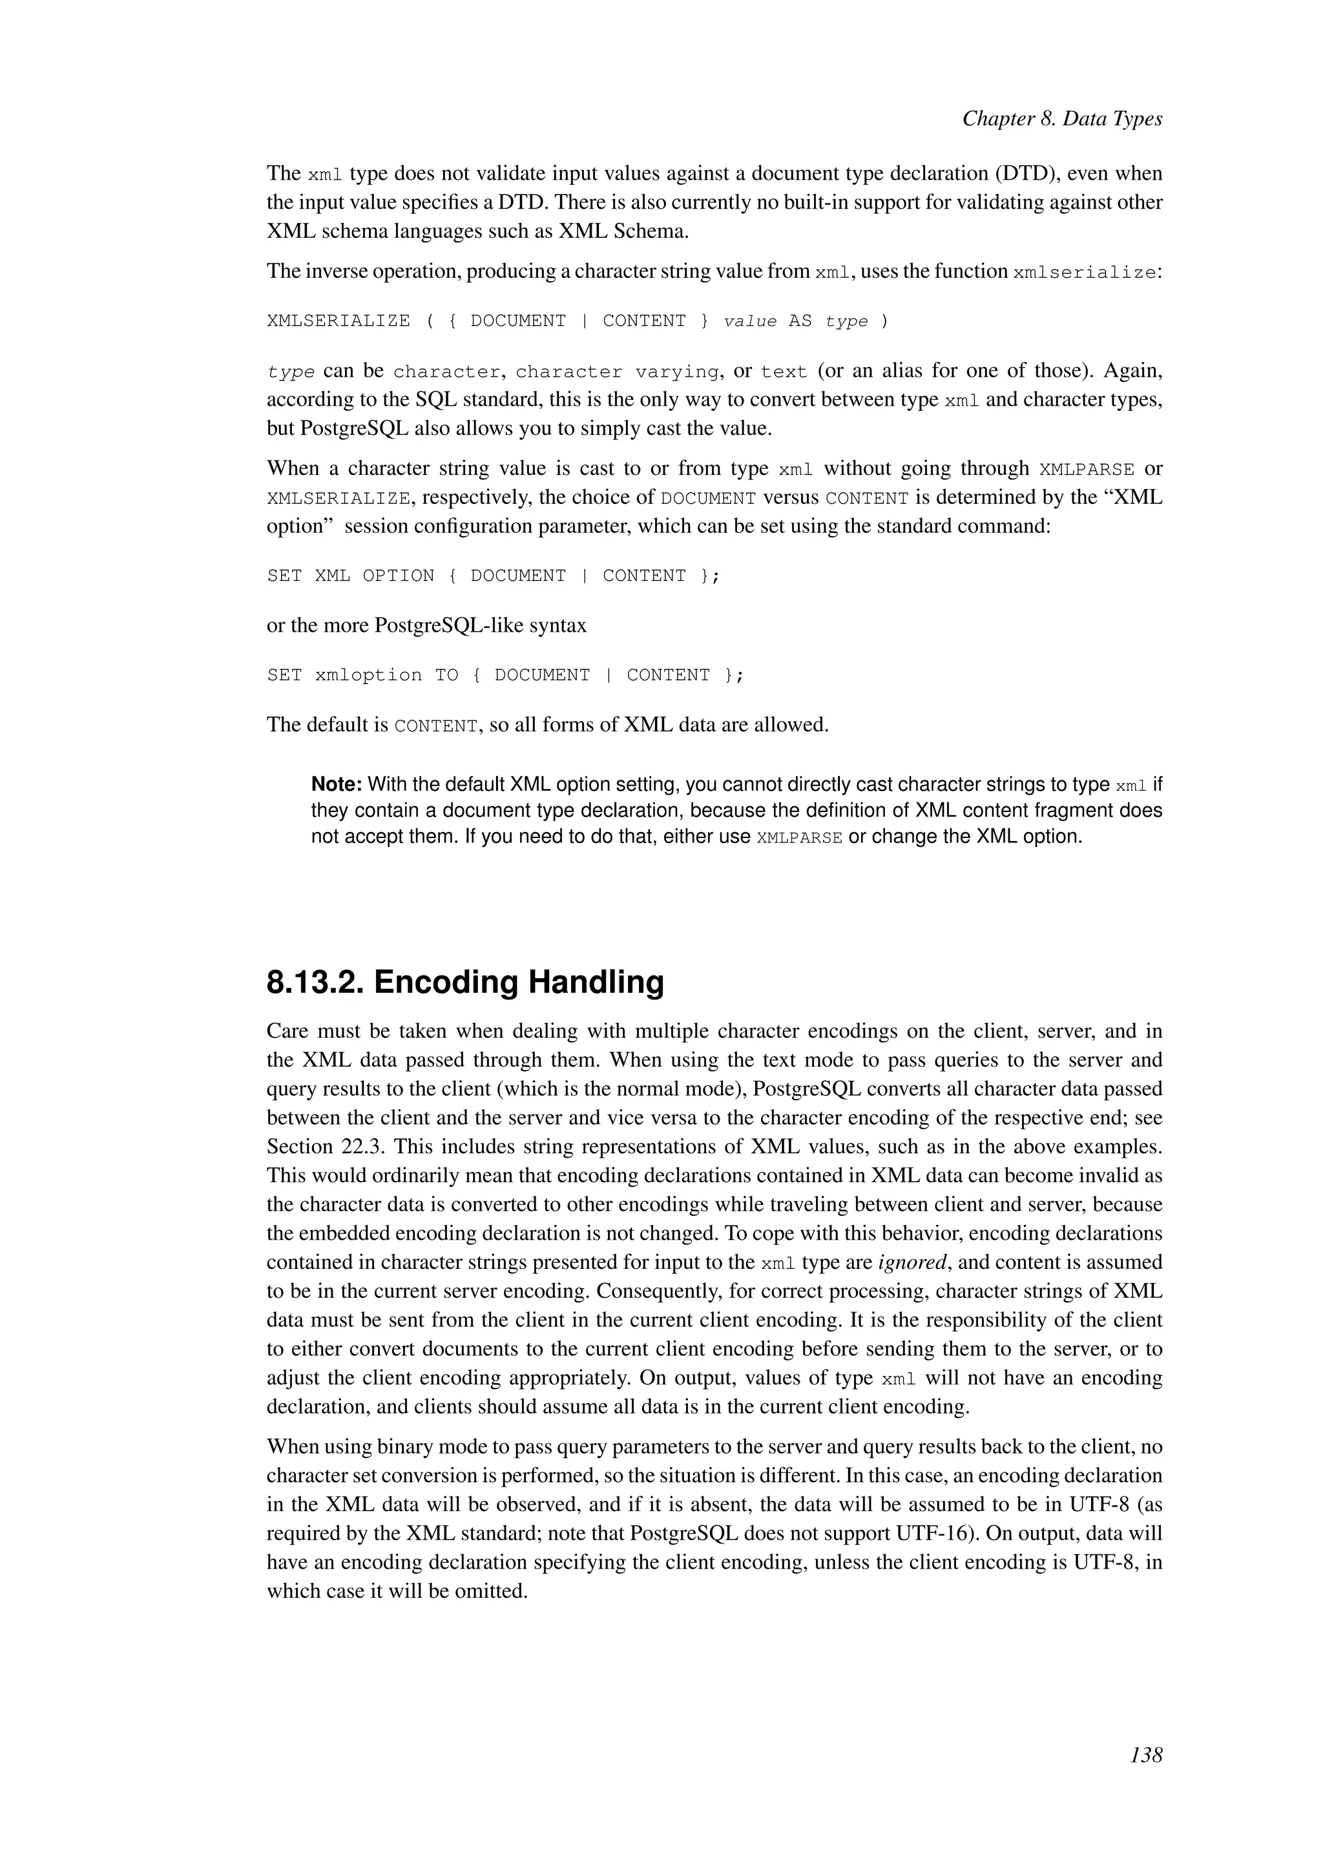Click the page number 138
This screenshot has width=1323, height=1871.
(1146, 1755)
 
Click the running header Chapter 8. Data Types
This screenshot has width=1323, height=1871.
(1061, 119)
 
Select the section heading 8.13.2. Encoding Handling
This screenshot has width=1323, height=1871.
(465, 982)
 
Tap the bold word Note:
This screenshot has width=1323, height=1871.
(337, 785)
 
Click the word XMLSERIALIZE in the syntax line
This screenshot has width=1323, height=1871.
(338, 321)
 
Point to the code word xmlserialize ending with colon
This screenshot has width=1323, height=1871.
(1087, 272)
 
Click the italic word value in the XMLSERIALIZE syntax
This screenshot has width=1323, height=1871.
(749, 321)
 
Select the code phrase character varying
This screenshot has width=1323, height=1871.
(618, 372)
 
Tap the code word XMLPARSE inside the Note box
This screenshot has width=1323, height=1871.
(799, 838)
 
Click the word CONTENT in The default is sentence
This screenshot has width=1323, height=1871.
(435, 726)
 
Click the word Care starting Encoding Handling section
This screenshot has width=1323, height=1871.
(287, 1032)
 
